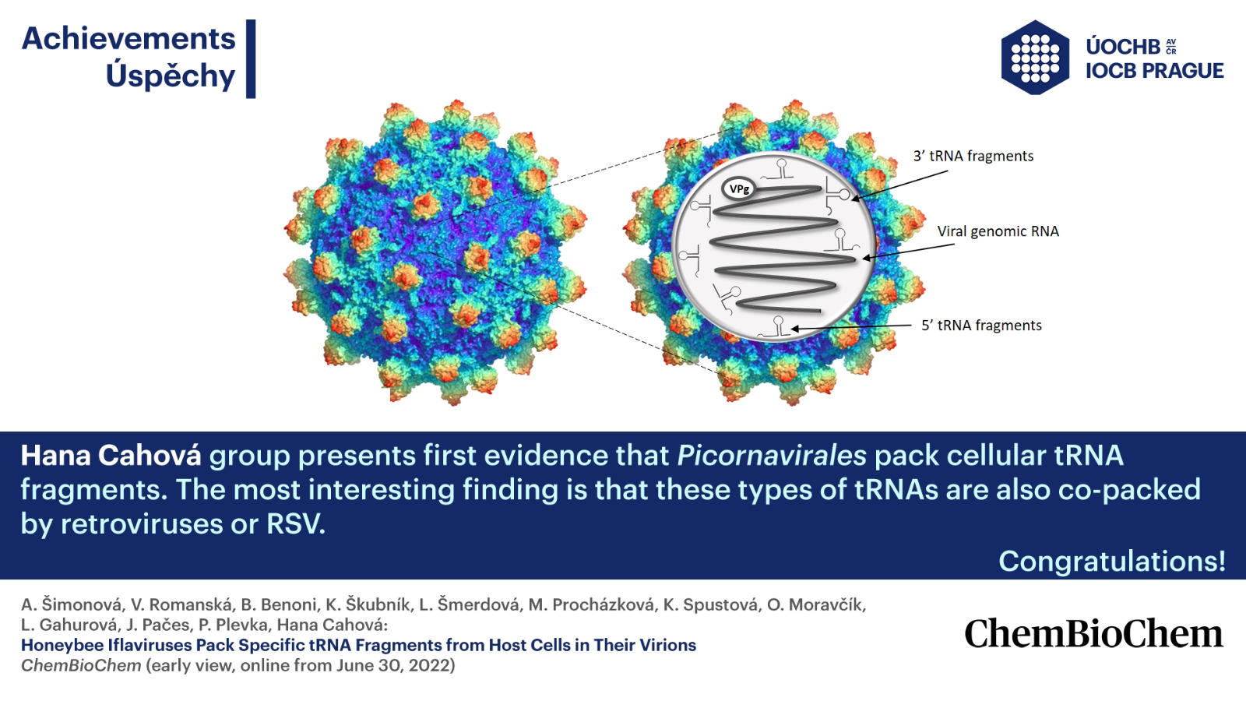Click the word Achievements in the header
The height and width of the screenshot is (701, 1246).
pyautogui.click(x=128, y=39)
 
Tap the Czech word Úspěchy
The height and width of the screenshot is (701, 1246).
pyautogui.click(x=171, y=75)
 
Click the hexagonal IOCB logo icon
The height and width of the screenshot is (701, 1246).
pyautogui.click(x=1035, y=58)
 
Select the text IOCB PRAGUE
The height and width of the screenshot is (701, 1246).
pyautogui.click(x=1155, y=71)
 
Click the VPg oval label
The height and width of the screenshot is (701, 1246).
pyautogui.click(x=739, y=189)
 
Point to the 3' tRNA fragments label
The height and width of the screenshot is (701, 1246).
pyautogui.click(x=973, y=156)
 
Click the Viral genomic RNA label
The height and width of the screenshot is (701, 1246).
pyautogui.click(x=998, y=231)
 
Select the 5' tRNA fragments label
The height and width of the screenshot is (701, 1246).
pyautogui.click(x=981, y=325)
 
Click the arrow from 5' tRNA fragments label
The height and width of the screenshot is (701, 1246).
pyautogui.click(x=851, y=327)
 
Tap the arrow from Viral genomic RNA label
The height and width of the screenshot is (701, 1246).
pyautogui.click(x=908, y=252)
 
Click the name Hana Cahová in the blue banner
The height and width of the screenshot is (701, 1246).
pyautogui.click(x=111, y=456)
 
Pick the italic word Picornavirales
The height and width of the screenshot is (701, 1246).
pyautogui.click(x=772, y=456)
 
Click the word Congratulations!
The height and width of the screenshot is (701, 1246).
pyautogui.click(x=1112, y=561)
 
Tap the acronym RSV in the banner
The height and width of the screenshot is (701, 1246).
pyautogui.click(x=295, y=524)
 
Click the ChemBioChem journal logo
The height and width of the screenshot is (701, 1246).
pyautogui.click(x=1093, y=633)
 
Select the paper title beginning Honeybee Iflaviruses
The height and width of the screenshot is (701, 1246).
pyautogui.click(x=359, y=646)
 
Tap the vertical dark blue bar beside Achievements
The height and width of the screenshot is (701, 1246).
pyautogui.click(x=251, y=59)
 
